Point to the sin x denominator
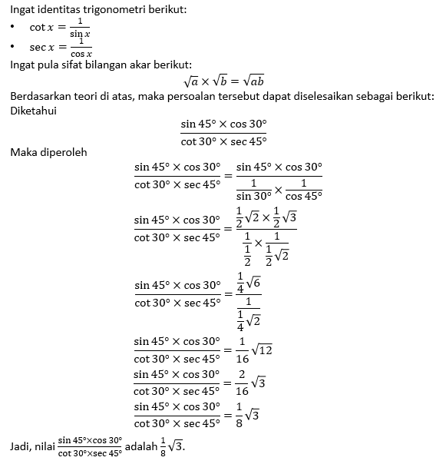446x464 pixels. coord(80,34)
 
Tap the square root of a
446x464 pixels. coord(192,81)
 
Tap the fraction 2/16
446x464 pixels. coord(242,382)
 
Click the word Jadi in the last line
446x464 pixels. coord(19,446)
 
